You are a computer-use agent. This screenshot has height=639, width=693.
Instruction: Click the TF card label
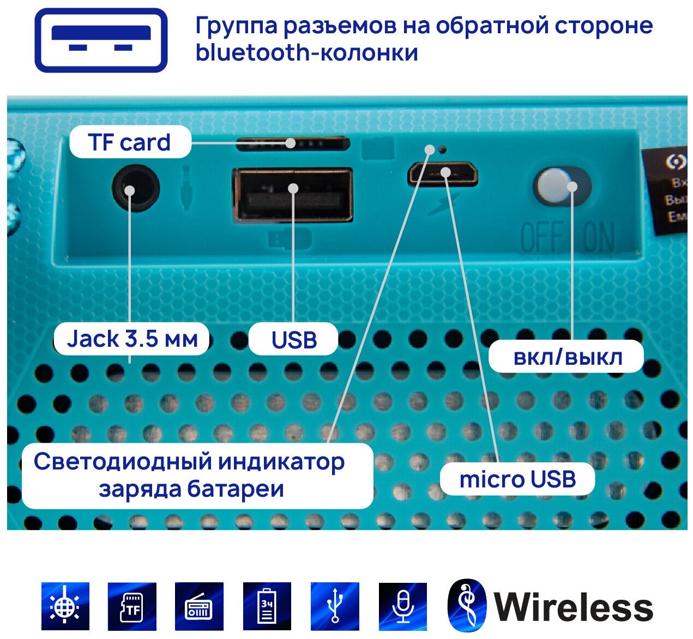[130, 143]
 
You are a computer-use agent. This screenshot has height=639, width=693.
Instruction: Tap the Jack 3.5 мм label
[132, 339]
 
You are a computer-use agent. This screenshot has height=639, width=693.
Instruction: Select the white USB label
[294, 340]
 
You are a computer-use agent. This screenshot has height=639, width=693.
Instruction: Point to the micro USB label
[517, 479]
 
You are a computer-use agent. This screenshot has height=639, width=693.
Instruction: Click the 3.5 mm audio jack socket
[135, 190]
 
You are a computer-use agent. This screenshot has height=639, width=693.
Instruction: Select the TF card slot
[293, 143]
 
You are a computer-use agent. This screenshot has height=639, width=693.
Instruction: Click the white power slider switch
[552, 186]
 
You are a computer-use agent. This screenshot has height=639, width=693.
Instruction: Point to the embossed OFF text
[542, 238]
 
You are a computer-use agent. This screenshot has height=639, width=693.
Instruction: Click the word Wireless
[573, 607]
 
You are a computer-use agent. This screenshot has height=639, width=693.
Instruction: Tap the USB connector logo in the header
[101, 40]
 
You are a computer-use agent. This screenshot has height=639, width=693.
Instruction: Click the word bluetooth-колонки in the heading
[307, 53]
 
